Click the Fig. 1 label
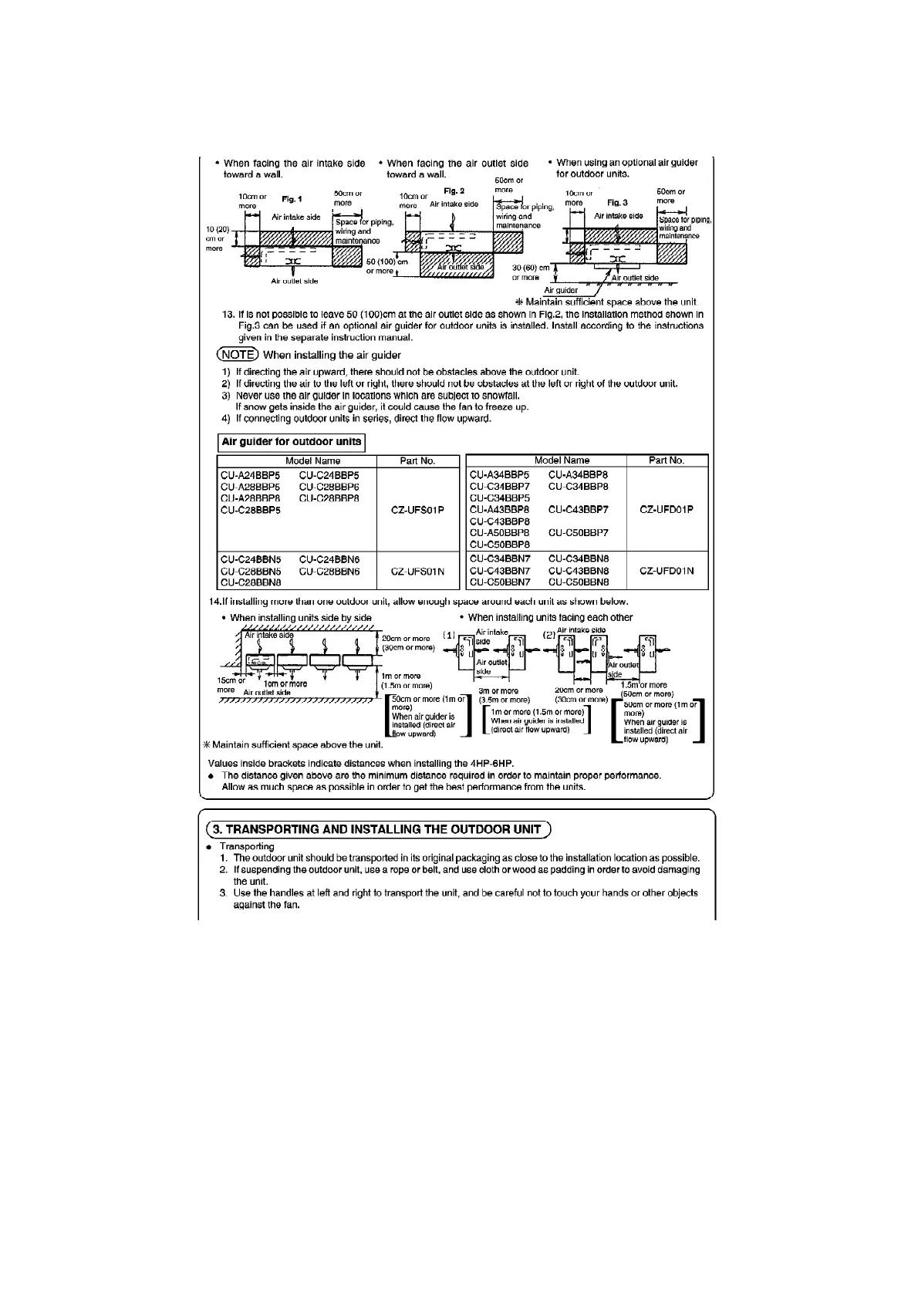(292, 198)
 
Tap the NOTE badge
(237, 355)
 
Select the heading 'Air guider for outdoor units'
(292, 443)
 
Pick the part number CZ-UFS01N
(417, 572)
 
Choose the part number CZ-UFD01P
(667, 509)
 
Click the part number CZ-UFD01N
(667, 571)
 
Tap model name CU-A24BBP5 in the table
(250, 476)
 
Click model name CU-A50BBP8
(499, 533)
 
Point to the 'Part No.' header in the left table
(417, 461)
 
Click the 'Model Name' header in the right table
(562, 461)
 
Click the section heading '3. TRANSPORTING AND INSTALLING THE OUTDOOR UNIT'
(377, 829)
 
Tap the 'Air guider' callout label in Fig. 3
(561, 290)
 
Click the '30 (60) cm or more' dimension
(531, 272)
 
